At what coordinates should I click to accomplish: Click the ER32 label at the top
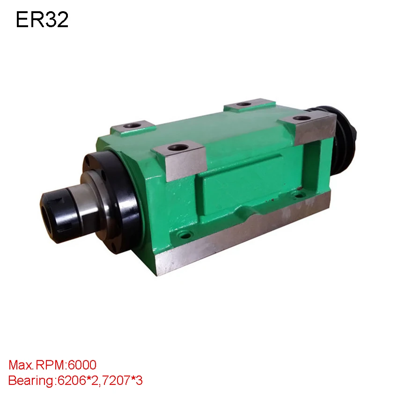point(42,20)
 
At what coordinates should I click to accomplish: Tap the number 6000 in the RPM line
point(82,365)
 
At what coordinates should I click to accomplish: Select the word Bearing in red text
point(31,381)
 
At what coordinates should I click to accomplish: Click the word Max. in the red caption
point(21,365)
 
